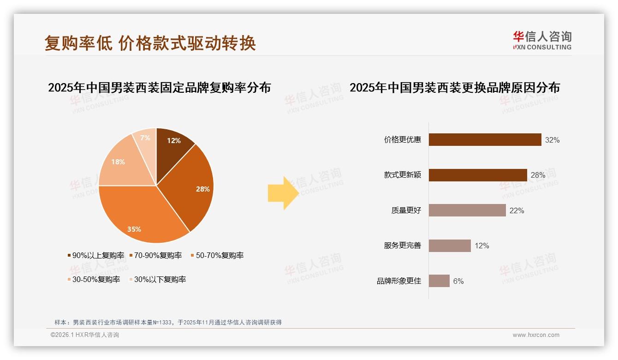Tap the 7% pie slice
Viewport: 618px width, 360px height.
[145, 138]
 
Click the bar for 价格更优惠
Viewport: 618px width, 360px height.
[485, 140]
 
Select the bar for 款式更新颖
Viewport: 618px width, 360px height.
[478, 175]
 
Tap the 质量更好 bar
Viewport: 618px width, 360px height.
[467, 210]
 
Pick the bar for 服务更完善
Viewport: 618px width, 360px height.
[450, 246]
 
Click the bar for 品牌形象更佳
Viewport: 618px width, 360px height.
[439, 281]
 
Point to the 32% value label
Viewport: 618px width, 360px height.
[552, 140]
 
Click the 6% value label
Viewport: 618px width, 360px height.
[458, 281]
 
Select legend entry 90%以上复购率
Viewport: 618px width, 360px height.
[96, 255]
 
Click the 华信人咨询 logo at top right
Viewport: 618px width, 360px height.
[542, 40]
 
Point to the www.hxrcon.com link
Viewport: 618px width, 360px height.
[536, 335]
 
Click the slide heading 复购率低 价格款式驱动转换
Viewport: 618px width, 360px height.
[150, 43]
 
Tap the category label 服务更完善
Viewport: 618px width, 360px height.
[403, 246]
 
